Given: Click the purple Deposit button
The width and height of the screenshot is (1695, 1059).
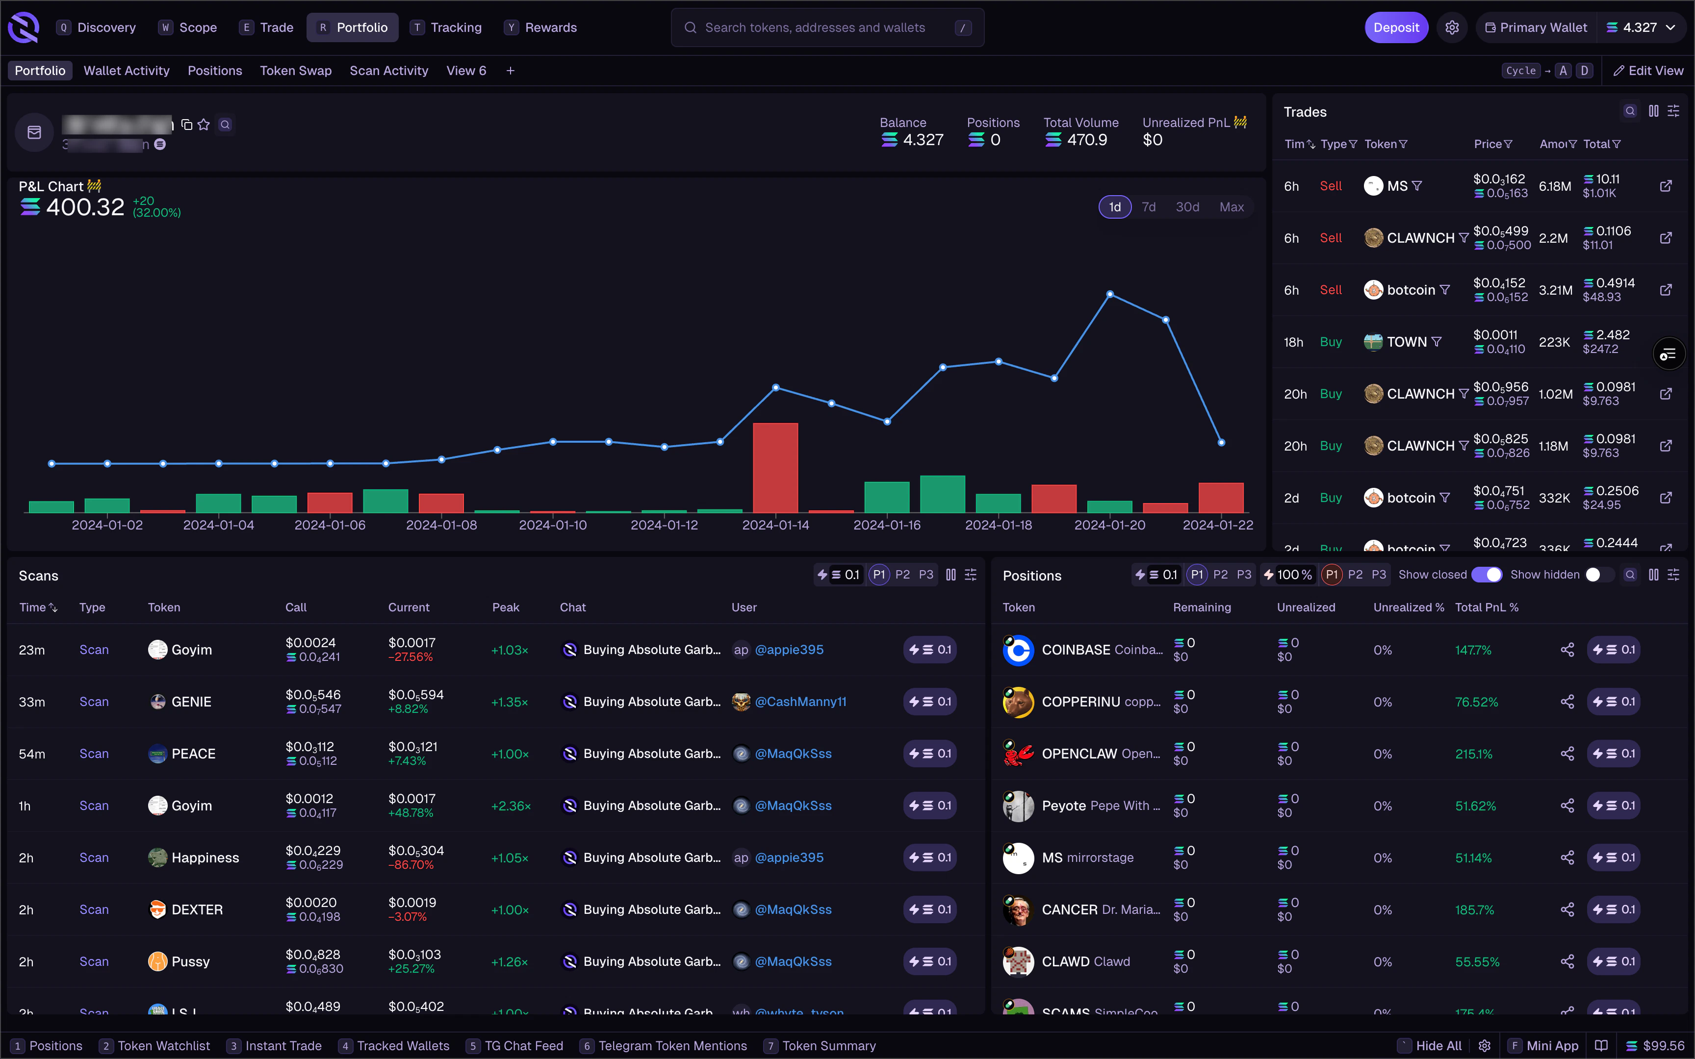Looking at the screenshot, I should coord(1395,28).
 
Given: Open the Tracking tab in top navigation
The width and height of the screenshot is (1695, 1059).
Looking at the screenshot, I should coord(455,28).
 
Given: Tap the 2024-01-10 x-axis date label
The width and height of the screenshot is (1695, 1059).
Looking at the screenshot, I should coord(553,525).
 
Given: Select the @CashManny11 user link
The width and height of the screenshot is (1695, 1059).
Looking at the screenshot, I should coord(800,702).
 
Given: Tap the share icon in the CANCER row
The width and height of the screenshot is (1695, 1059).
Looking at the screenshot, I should coord(1567,910).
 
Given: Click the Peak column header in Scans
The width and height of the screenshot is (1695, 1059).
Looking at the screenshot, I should coord(506,608).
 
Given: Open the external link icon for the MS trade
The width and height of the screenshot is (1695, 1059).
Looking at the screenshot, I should coord(1666,186).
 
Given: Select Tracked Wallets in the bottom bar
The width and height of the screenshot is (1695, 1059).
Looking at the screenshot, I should coord(403,1046).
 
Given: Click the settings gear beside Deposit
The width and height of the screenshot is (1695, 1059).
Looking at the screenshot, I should coord(1452,28).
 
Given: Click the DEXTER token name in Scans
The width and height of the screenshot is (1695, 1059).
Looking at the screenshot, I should coord(197,910).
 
